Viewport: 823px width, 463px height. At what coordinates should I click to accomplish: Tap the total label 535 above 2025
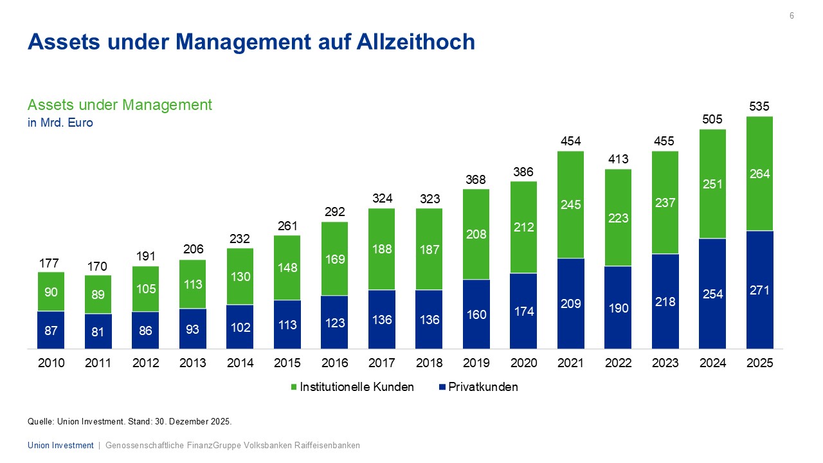click(759, 106)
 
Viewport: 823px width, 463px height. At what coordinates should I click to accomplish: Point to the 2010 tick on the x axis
click(51, 363)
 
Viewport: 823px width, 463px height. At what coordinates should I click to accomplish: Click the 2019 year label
click(476, 363)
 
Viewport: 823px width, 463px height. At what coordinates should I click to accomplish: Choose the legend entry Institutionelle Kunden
click(353, 387)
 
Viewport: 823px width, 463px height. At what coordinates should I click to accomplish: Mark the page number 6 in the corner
click(791, 15)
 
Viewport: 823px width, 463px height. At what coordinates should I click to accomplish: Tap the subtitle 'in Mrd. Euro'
click(60, 123)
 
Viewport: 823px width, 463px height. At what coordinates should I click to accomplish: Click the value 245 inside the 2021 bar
click(571, 204)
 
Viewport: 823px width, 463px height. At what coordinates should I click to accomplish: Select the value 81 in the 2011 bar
click(98, 332)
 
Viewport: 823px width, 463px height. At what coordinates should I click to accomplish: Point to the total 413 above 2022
click(618, 159)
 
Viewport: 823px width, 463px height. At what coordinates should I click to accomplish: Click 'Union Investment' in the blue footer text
click(60, 445)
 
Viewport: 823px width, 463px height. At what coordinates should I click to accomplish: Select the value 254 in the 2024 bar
click(712, 294)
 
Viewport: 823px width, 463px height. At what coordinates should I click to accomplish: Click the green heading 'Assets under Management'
click(120, 105)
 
